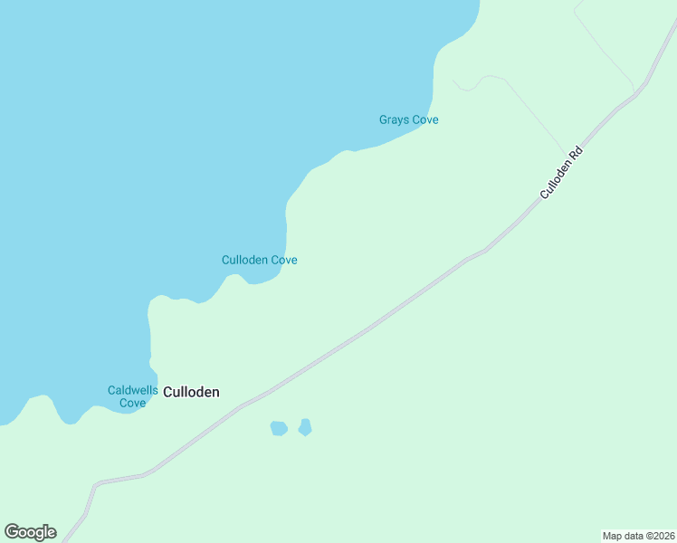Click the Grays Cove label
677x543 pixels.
tap(408, 119)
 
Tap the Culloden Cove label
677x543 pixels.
tap(260, 260)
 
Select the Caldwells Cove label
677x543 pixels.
tap(133, 396)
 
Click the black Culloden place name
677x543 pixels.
tap(191, 392)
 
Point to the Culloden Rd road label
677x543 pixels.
tap(561, 172)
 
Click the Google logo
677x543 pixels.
tap(30, 532)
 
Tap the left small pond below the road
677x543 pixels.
tap(279, 428)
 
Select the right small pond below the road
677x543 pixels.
tap(305, 426)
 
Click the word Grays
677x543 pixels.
tap(394, 119)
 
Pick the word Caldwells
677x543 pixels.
tap(133, 390)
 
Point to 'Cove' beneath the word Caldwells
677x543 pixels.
tap(133, 403)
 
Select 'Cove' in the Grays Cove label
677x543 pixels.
tap(424, 119)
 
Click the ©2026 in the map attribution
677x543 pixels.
tap(656, 536)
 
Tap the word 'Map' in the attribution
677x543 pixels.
tap(613, 536)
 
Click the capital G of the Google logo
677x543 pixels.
tap(11, 532)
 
